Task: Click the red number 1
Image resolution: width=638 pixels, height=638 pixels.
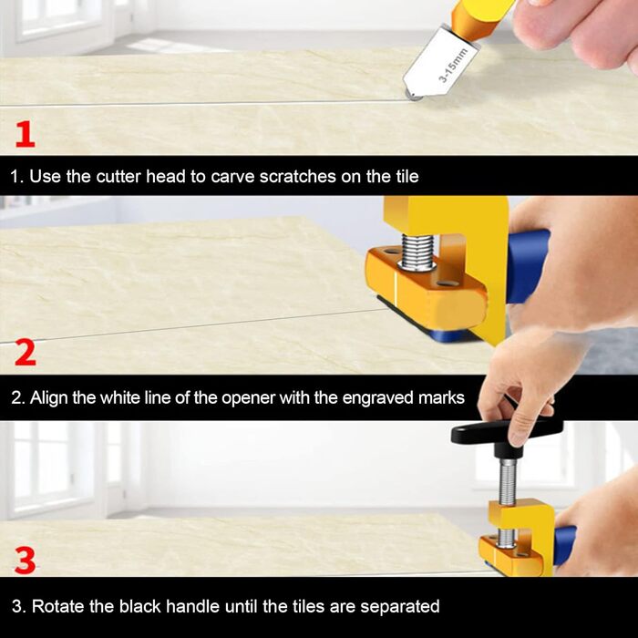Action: (26, 134)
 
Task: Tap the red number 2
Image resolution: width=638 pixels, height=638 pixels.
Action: (26, 353)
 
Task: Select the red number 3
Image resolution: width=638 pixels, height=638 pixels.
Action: (25, 561)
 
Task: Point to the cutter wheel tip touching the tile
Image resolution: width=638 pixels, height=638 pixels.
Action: (414, 97)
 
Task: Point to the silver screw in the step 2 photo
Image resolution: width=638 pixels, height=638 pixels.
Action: (417, 252)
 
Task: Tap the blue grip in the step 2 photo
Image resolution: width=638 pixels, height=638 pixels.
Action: (526, 266)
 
